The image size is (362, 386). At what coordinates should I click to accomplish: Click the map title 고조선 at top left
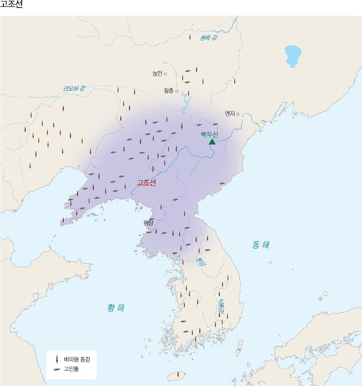(11, 5)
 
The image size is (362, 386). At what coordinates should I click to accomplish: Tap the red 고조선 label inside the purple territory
(146, 183)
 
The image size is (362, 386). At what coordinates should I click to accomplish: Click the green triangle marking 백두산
(212, 142)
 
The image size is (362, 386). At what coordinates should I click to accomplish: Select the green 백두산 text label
(210, 134)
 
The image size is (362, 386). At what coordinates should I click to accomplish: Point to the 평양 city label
(149, 223)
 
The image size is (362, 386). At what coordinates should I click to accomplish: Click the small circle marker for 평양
(158, 221)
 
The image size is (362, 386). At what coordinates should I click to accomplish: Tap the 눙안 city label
(157, 74)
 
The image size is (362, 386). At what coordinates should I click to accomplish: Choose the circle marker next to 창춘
(177, 91)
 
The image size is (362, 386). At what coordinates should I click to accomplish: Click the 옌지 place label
(230, 114)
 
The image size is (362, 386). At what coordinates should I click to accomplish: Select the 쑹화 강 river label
(208, 37)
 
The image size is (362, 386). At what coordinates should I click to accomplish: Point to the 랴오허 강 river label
(74, 88)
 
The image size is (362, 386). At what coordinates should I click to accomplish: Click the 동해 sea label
(261, 245)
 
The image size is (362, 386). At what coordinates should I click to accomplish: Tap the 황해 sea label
(116, 308)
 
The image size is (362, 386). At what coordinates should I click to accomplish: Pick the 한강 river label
(199, 261)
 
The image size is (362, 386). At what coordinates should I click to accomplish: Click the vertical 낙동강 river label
(221, 306)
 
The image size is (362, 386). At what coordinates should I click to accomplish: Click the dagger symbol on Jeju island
(178, 375)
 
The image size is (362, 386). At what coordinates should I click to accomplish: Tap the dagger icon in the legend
(57, 360)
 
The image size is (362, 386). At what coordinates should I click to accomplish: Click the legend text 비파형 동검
(77, 360)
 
